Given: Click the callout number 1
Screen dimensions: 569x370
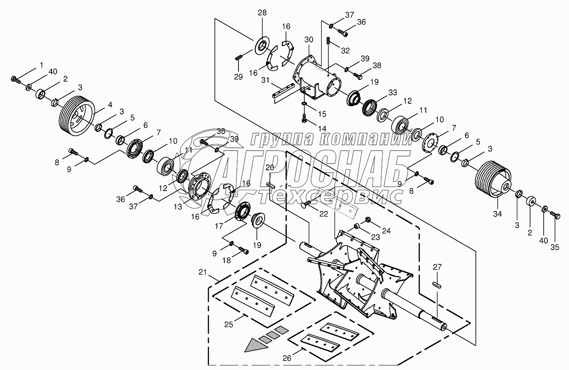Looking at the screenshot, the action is pos(41,65).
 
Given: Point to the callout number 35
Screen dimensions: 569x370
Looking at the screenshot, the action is pos(554,247).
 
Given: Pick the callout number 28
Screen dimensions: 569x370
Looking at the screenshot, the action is pos(262,12).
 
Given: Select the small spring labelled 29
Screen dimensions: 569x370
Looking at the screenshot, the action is pos(238,58).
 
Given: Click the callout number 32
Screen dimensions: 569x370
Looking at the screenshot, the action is pos(345,51).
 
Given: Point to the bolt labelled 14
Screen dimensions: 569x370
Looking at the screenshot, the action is pos(304,118).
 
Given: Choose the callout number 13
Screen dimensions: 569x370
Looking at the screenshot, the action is pos(178,207).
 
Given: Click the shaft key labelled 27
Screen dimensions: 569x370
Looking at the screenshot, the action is pos(437,285).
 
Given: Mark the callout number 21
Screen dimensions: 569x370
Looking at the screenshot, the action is pos(202,272).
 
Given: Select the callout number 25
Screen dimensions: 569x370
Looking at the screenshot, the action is pos(229,324).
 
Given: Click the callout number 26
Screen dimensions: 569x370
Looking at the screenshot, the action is pos(287,358).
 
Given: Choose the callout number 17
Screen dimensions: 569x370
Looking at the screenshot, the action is pos(219,226).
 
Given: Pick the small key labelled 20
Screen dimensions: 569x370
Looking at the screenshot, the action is pos(270,185).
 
